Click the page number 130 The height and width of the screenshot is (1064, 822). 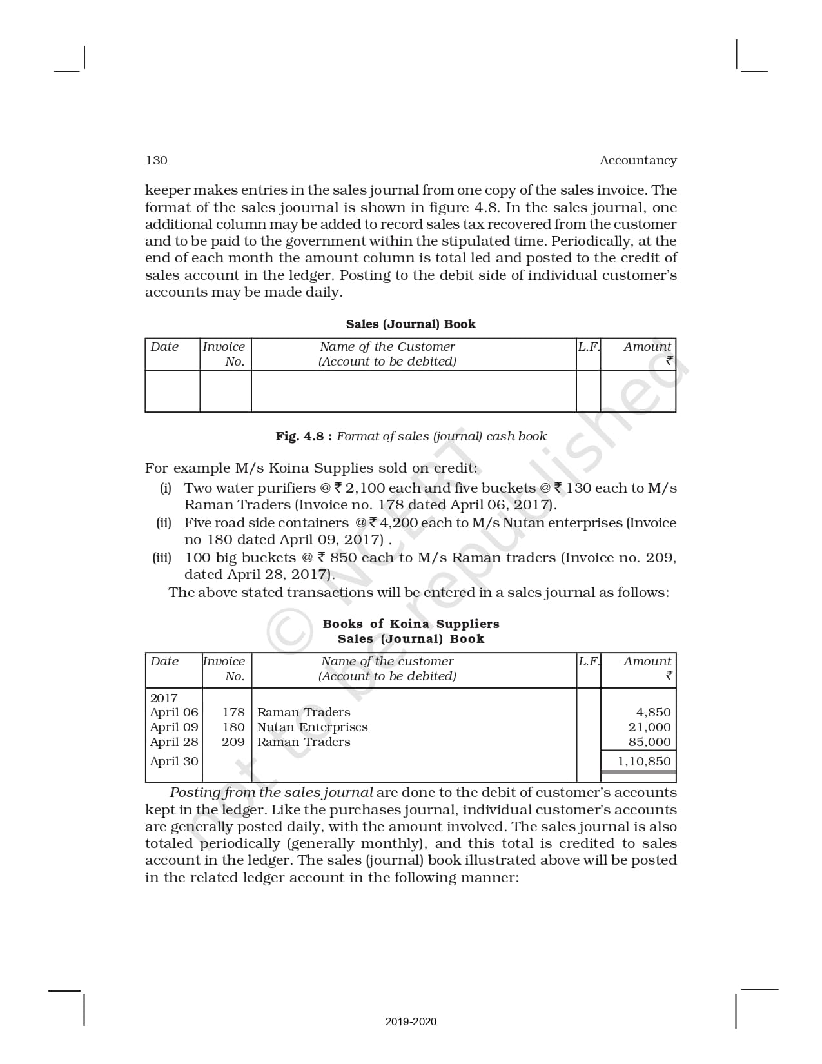coord(157,160)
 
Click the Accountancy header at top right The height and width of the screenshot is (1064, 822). coord(638,160)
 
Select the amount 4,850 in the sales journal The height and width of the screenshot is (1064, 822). coord(653,712)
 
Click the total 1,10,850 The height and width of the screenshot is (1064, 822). coord(643,761)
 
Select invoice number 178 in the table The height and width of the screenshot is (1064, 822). coord(233,712)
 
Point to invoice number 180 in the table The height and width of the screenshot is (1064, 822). coord(233,727)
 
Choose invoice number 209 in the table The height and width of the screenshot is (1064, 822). coord(233,742)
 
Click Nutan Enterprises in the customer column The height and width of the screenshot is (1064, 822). coord(312,727)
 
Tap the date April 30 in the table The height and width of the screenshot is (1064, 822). coord(174,761)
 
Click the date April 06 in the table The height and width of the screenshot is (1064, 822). coord(174,712)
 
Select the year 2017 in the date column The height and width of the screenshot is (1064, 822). coord(164,698)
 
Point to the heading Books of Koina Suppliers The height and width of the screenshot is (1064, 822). coord(411,624)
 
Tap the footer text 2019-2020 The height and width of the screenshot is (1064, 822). coord(411,1021)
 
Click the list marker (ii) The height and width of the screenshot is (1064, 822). coord(164,522)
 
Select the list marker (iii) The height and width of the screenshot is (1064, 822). coord(162,557)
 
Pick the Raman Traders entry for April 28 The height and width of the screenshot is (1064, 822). coord(304,742)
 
